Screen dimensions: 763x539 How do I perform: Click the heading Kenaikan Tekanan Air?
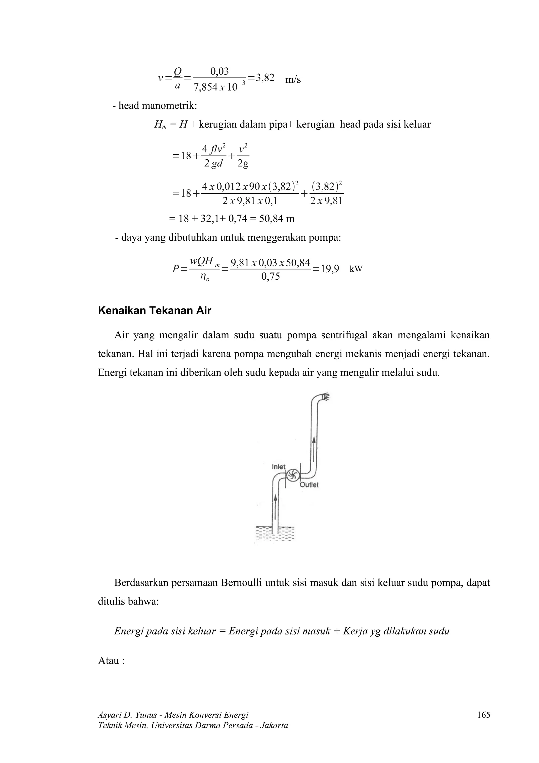[x=154, y=311]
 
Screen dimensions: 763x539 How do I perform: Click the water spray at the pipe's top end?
[x=326, y=397]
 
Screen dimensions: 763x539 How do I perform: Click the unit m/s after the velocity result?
[x=293, y=80]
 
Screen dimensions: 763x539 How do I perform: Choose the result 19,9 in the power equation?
[x=330, y=269]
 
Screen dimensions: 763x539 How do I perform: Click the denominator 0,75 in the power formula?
[x=270, y=276]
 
